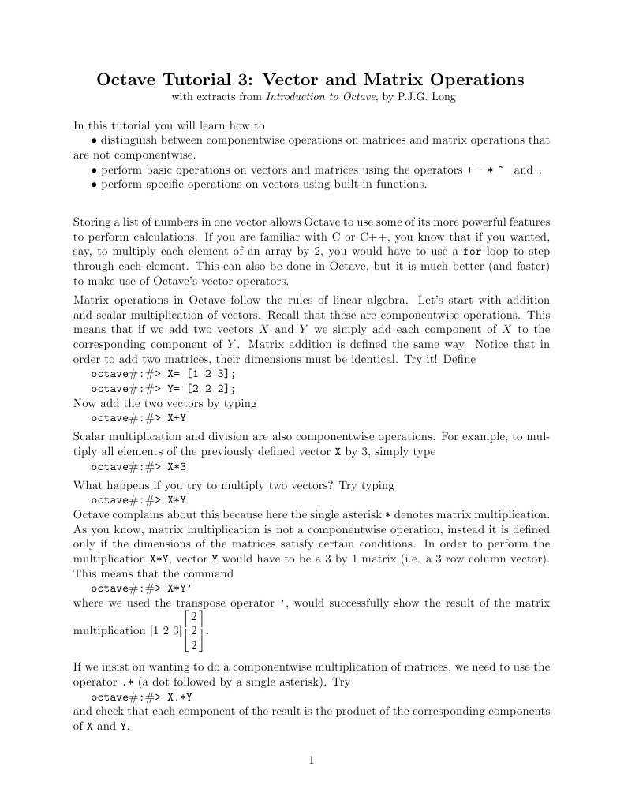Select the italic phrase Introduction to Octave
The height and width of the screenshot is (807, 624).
coord(319,98)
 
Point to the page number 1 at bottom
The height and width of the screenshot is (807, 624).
coord(312,760)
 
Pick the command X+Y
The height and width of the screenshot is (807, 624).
coord(177,418)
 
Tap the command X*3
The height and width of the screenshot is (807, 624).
coord(177,466)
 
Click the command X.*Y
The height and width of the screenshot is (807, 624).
coord(181,697)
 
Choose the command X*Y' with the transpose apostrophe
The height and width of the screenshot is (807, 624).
coord(181,588)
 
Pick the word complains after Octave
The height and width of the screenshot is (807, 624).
coord(140,514)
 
